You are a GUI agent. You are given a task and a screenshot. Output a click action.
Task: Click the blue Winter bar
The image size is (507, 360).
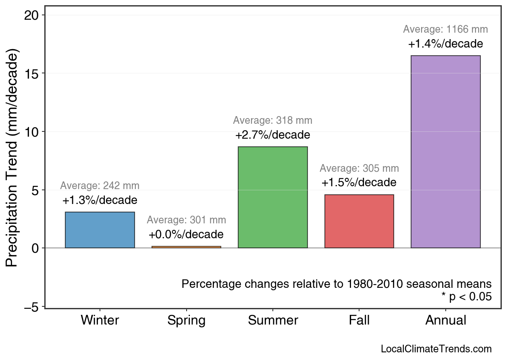tap(100, 230)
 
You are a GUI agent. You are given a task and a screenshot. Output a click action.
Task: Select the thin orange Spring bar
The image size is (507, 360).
tap(186, 247)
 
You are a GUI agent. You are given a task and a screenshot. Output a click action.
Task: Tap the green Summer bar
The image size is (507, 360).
tap(273, 198)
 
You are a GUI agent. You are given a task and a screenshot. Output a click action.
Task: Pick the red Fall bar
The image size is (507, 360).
tap(359, 221)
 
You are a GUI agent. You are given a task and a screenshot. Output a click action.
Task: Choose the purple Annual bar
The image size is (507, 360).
tap(445, 152)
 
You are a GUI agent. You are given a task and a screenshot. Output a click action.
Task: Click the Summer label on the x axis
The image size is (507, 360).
tap(273, 320)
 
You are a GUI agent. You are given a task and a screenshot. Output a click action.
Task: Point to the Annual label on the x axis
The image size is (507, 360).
tap(445, 320)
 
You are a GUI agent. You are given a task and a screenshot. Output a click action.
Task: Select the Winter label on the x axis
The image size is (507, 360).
tap(100, 320)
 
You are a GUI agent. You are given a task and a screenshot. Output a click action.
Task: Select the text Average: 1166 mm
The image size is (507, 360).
tap(445, 29)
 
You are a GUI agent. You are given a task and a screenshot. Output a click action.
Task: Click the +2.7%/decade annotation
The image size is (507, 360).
tap(273, 135)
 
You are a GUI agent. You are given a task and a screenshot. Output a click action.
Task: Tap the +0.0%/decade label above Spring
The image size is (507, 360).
tap(186, 234)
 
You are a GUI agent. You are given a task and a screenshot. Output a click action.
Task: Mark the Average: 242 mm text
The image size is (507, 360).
tap(100, 186)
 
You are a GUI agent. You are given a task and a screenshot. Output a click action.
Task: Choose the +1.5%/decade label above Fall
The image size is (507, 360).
tap(359, 182)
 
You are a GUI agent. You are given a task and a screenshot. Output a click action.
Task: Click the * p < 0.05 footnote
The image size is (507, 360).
tap(466, 297)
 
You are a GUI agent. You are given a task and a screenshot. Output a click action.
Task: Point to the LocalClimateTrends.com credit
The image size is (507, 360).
tap(436, 349)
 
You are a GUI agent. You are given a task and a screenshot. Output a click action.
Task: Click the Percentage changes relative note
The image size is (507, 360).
tap(337, 284)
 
